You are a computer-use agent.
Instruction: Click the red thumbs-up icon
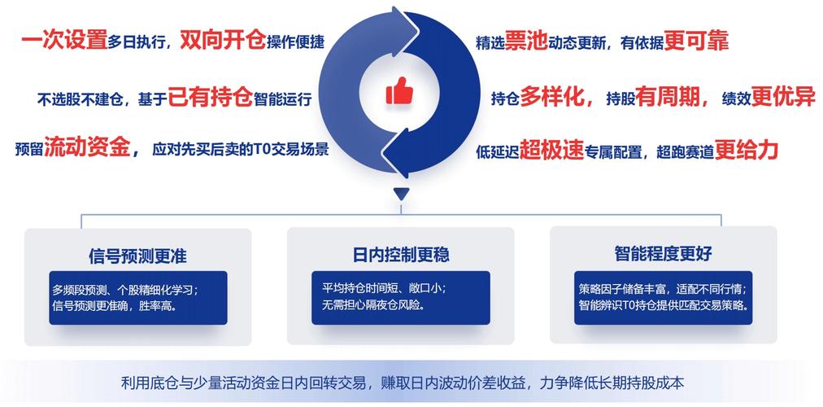[399, 92]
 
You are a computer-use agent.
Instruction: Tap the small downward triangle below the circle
[399, 194]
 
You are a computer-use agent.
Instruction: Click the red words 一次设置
[64, 40]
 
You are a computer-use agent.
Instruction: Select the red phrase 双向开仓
[223, 40]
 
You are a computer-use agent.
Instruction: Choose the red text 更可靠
[696, 41]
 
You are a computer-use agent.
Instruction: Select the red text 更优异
[783, 98]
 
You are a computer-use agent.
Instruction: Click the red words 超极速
[552, 150]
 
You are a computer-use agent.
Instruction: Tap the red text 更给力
[747, 149]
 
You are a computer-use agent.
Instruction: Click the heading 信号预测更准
[137, 256]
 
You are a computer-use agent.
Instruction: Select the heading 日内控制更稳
[401, 255]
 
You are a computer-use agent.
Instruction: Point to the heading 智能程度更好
[664, 254]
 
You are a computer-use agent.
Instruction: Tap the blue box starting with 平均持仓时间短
[400, 297]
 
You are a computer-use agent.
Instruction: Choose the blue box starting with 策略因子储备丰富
[664, 297]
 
